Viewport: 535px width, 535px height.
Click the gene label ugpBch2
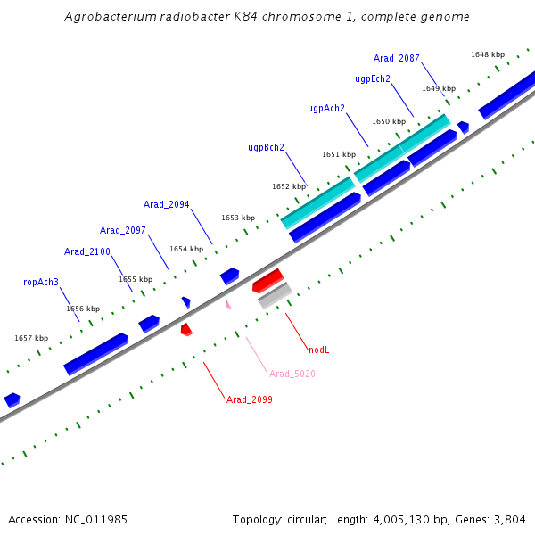click(x=266, y=147)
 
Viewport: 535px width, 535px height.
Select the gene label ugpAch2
click(x=326, y=108)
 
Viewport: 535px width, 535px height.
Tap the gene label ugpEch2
click(x=373, y=78)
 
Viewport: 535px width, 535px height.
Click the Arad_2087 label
click(x=397, y=58)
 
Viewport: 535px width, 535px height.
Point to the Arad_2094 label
click(x=167, y=204)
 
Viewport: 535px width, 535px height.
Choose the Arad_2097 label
click(x=123, y=230)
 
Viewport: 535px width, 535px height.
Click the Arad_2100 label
click(x=87, y=251)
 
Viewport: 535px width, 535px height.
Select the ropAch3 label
click(x=41, y=282)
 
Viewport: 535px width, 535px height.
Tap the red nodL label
click(x=319, y=350)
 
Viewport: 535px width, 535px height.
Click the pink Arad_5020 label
click(x=292, y=374)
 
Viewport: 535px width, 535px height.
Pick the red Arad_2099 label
click(x=250, y=399)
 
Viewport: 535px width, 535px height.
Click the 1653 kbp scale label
click(x=238, y=218)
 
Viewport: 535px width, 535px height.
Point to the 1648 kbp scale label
click(x=488, y=54)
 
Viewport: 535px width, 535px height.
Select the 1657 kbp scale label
click(x=31, y=338)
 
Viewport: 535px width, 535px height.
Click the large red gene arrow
click(x=267, y=280)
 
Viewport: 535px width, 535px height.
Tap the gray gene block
click(x=275, y=295)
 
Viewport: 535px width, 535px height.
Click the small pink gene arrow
click(x=228, y=305)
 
